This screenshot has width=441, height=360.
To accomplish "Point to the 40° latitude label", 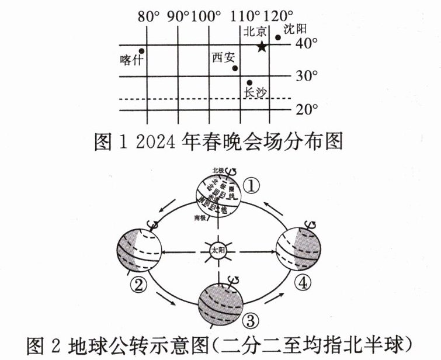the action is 306,43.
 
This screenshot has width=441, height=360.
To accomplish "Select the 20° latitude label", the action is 306,109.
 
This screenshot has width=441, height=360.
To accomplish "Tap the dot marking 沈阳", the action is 278,38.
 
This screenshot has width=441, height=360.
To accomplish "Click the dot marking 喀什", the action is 141,51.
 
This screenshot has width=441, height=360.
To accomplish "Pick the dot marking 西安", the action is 235,68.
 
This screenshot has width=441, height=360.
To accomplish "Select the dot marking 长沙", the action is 249,83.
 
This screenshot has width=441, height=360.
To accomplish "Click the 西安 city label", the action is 223,57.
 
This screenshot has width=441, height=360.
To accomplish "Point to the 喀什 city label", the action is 130,61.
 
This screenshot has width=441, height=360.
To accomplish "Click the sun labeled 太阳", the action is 217,252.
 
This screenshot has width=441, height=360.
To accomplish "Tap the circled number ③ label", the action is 250,320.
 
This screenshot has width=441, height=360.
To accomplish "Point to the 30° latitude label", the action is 306,76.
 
